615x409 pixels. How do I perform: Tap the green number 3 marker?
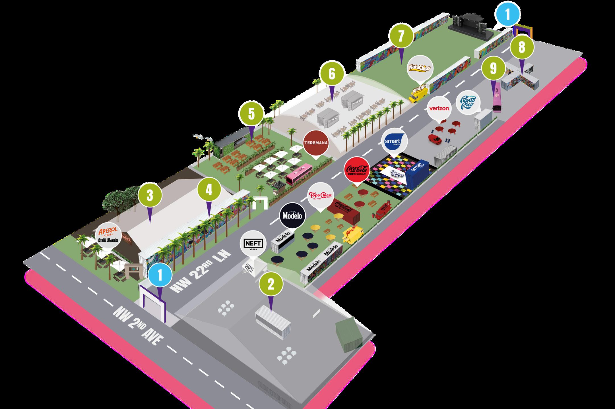[150, 195]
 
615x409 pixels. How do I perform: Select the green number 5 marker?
[251, 114]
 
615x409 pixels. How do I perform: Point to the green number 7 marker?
[401, 36]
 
